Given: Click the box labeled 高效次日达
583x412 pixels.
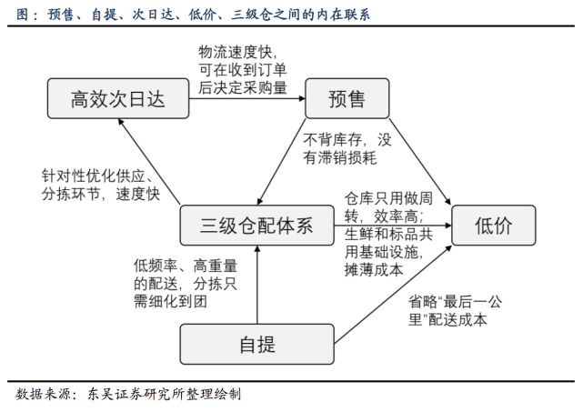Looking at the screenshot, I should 119,99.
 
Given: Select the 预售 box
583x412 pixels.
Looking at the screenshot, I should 346,99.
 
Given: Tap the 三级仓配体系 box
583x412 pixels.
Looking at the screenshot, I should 256,226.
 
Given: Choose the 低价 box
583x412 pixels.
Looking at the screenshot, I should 495,226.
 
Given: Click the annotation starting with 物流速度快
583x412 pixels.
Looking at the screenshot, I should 243,68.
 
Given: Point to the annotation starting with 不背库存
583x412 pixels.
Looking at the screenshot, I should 347,149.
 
